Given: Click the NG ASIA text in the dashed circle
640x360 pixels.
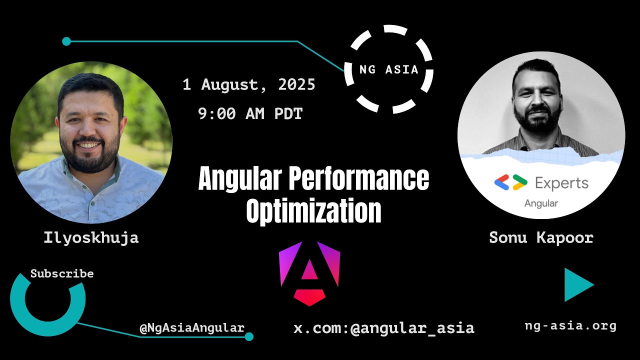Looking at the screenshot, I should coord(389,69).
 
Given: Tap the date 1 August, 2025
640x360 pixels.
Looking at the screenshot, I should coord(248,85).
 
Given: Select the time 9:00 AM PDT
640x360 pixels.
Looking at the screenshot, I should coord(250,114).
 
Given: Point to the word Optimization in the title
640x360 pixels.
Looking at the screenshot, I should coord(313,211).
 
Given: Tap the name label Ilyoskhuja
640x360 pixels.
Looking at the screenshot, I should coord(91,237).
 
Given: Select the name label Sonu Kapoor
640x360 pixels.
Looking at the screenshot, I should coord(541,237).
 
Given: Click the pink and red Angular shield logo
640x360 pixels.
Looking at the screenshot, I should coord(309,273).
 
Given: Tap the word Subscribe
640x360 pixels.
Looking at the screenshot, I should coord(62,273).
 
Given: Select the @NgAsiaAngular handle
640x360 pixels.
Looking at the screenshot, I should coord(192,328).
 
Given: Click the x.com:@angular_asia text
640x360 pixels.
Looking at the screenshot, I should coord(383,328).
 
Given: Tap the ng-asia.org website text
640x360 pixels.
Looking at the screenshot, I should coord(570,326).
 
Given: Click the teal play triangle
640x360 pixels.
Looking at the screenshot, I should coord(577,285).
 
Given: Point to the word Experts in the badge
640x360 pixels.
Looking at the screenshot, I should coord(561,183).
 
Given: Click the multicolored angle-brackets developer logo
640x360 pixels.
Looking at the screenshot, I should coord(510,183).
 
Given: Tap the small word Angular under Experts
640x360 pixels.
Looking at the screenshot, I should coord(541,203).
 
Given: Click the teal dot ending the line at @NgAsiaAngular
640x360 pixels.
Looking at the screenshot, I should coord(249,336).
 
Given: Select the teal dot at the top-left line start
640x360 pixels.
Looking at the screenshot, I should coord(66,41).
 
